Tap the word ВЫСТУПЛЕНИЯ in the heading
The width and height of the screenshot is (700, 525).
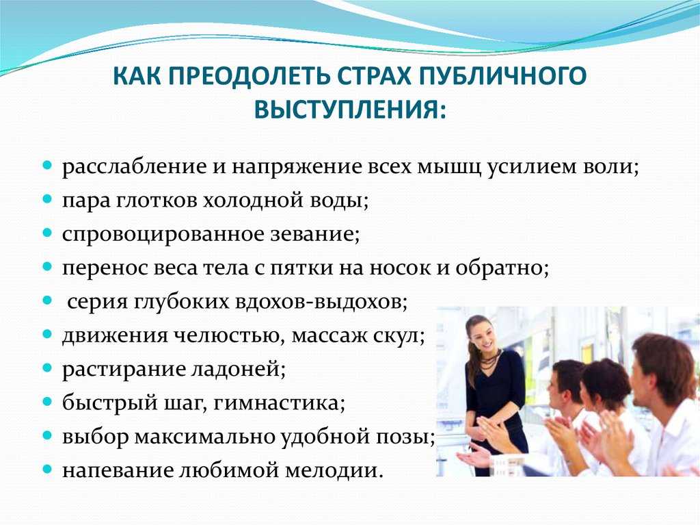click(x=350, y=110)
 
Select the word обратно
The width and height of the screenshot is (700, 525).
click(x=501, y=268)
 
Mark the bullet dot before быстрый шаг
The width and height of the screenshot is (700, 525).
click(x=47, y=402)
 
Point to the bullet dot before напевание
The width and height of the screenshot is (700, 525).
click(x=47, y=469)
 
